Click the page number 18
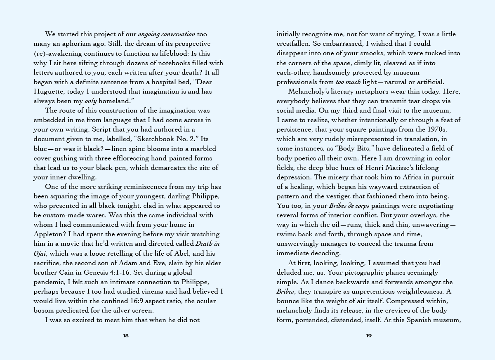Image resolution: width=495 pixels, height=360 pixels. pos(126,336)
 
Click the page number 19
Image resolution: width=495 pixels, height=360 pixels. pos(369,336)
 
